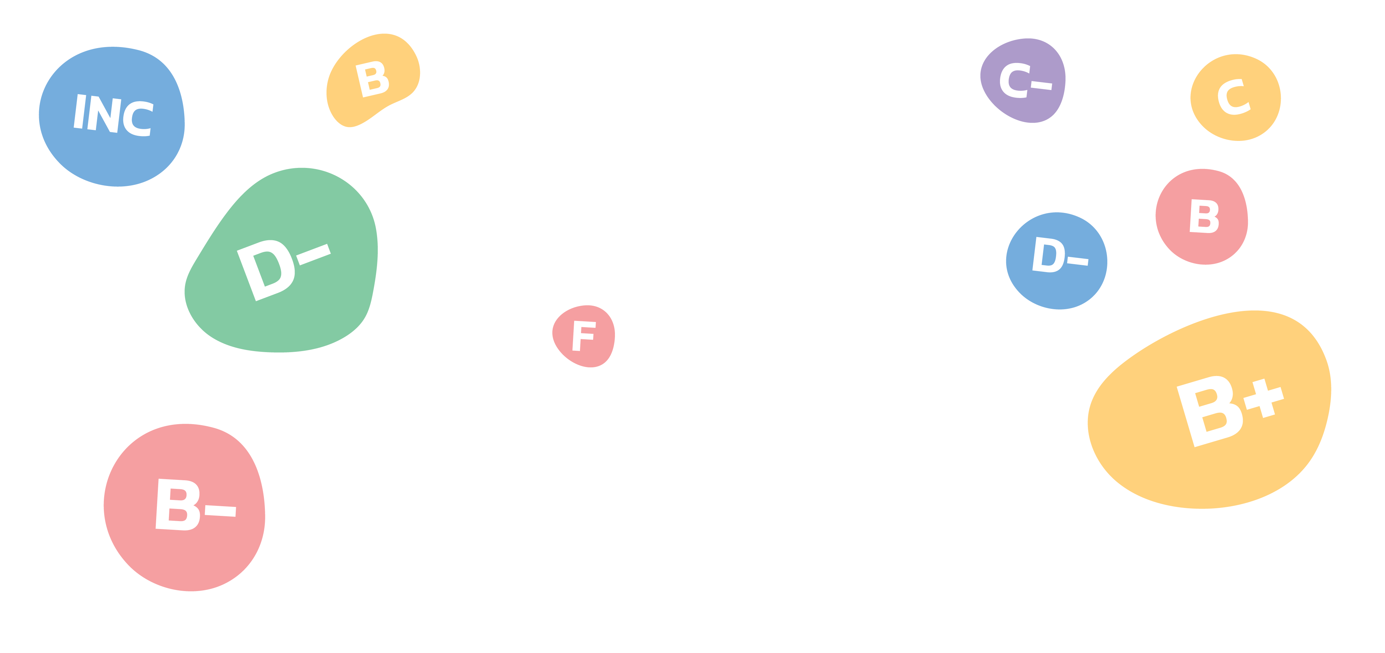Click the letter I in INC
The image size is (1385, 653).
(80, 111)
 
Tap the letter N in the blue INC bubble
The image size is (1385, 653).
(104, 114)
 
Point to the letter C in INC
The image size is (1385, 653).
(138, 118)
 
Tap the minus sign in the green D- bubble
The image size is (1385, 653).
(313, 255)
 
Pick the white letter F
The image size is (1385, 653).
(584, 336)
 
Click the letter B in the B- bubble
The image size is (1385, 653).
(178, 505)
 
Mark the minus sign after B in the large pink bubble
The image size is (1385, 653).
(221, 511)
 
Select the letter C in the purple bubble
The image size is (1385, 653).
(1015, 81)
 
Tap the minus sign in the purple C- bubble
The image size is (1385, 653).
(1042, 86)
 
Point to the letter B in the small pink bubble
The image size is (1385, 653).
(1204, 217)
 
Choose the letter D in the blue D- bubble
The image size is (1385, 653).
(1048, 255)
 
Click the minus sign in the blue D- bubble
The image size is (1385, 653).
(1078, 261)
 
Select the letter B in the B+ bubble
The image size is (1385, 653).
(1210, 411)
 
